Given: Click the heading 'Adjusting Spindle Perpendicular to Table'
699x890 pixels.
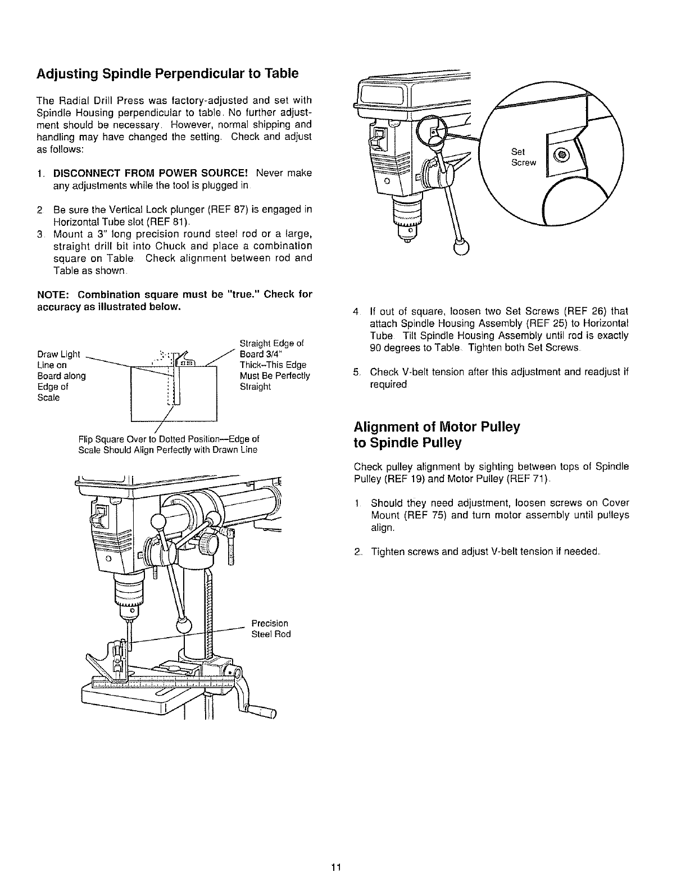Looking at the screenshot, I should [166, 74].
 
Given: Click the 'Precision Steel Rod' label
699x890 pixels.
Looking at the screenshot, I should [270, 629].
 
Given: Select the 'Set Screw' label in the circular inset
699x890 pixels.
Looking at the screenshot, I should [523, 157].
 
